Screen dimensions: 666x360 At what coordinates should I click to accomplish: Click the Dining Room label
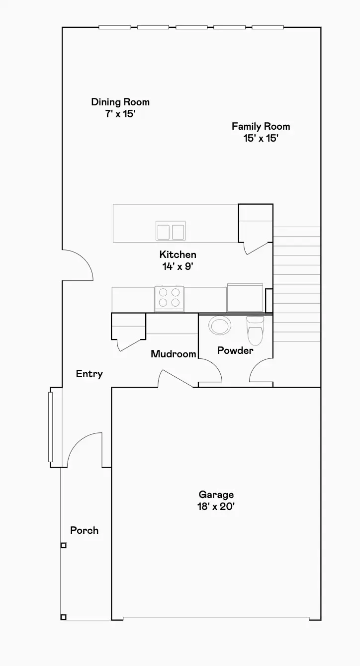point(120,102)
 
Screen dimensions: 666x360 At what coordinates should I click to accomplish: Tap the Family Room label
point(261,126)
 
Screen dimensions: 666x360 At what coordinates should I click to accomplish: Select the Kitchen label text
point(178,254)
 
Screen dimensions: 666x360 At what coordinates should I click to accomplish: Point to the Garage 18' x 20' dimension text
point(216,507)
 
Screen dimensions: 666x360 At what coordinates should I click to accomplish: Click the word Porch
point(84,530)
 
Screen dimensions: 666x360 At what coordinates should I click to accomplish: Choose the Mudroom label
point(174,354)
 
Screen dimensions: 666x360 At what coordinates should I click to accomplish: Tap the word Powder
point(235,350)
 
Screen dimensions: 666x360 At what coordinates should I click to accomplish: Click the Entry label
point(89,374)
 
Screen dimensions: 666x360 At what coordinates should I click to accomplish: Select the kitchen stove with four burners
point(169,298)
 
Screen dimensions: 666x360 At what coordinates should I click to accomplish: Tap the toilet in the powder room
point(255,330)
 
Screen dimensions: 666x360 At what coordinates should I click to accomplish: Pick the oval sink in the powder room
point(219,326)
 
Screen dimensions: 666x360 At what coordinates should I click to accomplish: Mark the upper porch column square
point(63,545)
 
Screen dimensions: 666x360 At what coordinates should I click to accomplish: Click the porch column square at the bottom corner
point(63,617)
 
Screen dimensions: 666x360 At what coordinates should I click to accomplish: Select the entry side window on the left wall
point(50,427)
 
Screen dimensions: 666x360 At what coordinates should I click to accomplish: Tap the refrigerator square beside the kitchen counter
point(245,297)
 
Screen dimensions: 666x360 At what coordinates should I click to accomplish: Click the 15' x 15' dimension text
point(261,138)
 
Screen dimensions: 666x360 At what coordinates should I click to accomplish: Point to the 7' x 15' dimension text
point(120,114)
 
